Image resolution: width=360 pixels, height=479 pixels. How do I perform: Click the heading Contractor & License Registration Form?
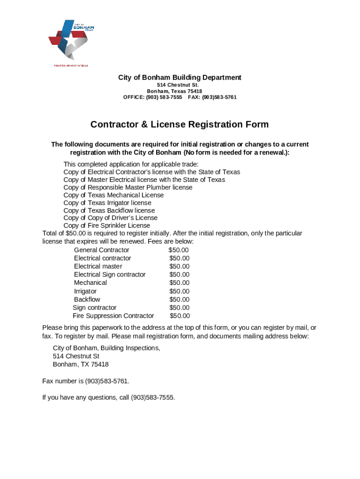(180, 124)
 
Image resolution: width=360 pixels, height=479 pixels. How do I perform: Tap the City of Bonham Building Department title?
(180, 77)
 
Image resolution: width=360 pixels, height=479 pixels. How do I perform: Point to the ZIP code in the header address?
(194, 91)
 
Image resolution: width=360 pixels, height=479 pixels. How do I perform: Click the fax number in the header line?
(219, 97)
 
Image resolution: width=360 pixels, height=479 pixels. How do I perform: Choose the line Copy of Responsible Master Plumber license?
(128, 187)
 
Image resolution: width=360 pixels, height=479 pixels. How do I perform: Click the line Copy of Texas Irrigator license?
(107, 203)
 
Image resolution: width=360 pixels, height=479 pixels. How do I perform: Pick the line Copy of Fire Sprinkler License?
(107, 225)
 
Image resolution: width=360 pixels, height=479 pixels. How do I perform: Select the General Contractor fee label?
(101, 250)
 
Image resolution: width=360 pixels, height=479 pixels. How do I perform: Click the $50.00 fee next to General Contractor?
(179, 250)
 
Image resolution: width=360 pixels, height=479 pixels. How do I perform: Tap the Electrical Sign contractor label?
(109, 275)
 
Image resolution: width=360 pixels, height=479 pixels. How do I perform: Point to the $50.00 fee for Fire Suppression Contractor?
(180, 316)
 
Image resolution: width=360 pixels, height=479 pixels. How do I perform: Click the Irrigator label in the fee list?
(85, 291)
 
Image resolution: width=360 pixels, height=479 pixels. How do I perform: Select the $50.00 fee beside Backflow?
(180, 299)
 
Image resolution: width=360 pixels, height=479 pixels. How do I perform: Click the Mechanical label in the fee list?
(90, 283)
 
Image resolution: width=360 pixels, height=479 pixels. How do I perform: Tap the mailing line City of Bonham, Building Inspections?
(106, 348)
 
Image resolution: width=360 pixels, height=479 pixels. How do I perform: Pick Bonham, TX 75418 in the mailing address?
(80, 364)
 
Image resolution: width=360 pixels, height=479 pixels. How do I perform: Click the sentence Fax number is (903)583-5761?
(86, 381)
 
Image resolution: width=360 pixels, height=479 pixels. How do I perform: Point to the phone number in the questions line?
(152, 398)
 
